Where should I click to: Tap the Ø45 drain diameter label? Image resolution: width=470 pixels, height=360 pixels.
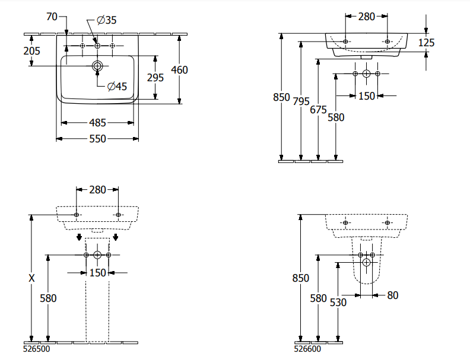click(x=117, y=87)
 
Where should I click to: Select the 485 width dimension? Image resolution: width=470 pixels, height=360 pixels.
click(x=97, y=123)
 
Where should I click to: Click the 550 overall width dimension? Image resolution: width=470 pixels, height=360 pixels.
click(x=97, y=139)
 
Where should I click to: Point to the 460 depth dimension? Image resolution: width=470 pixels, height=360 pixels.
click(x=179, y=70)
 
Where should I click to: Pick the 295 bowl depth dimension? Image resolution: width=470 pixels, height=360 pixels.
click(x=155, y=78)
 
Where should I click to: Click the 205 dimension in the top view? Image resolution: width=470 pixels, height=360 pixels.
click(x=31, y=51)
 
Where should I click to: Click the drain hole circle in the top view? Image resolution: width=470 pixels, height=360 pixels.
click(x=97, y=65)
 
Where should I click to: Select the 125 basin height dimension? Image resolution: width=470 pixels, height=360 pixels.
click(x=426, y=43)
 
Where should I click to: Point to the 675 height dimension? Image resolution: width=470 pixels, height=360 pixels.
click(x=319, y=109)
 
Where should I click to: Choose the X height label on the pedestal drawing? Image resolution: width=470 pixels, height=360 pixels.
click(x=32, y=278)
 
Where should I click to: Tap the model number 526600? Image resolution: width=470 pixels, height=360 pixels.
click(x=309, y=350)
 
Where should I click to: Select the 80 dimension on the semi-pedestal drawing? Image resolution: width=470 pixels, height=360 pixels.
click(x=393, y=295)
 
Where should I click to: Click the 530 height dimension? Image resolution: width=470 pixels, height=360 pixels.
click(x=338, y=302)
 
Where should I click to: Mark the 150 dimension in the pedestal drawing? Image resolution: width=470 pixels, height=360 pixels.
click(x=97, y=273)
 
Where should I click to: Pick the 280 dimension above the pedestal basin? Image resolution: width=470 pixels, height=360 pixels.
click(x=97, y=190)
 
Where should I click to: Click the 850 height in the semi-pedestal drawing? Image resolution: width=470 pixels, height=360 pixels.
click(x=301, y=278)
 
